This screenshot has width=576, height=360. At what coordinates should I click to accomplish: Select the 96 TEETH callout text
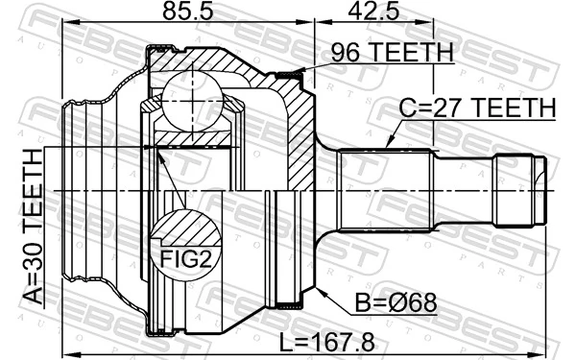tap(390, 54)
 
